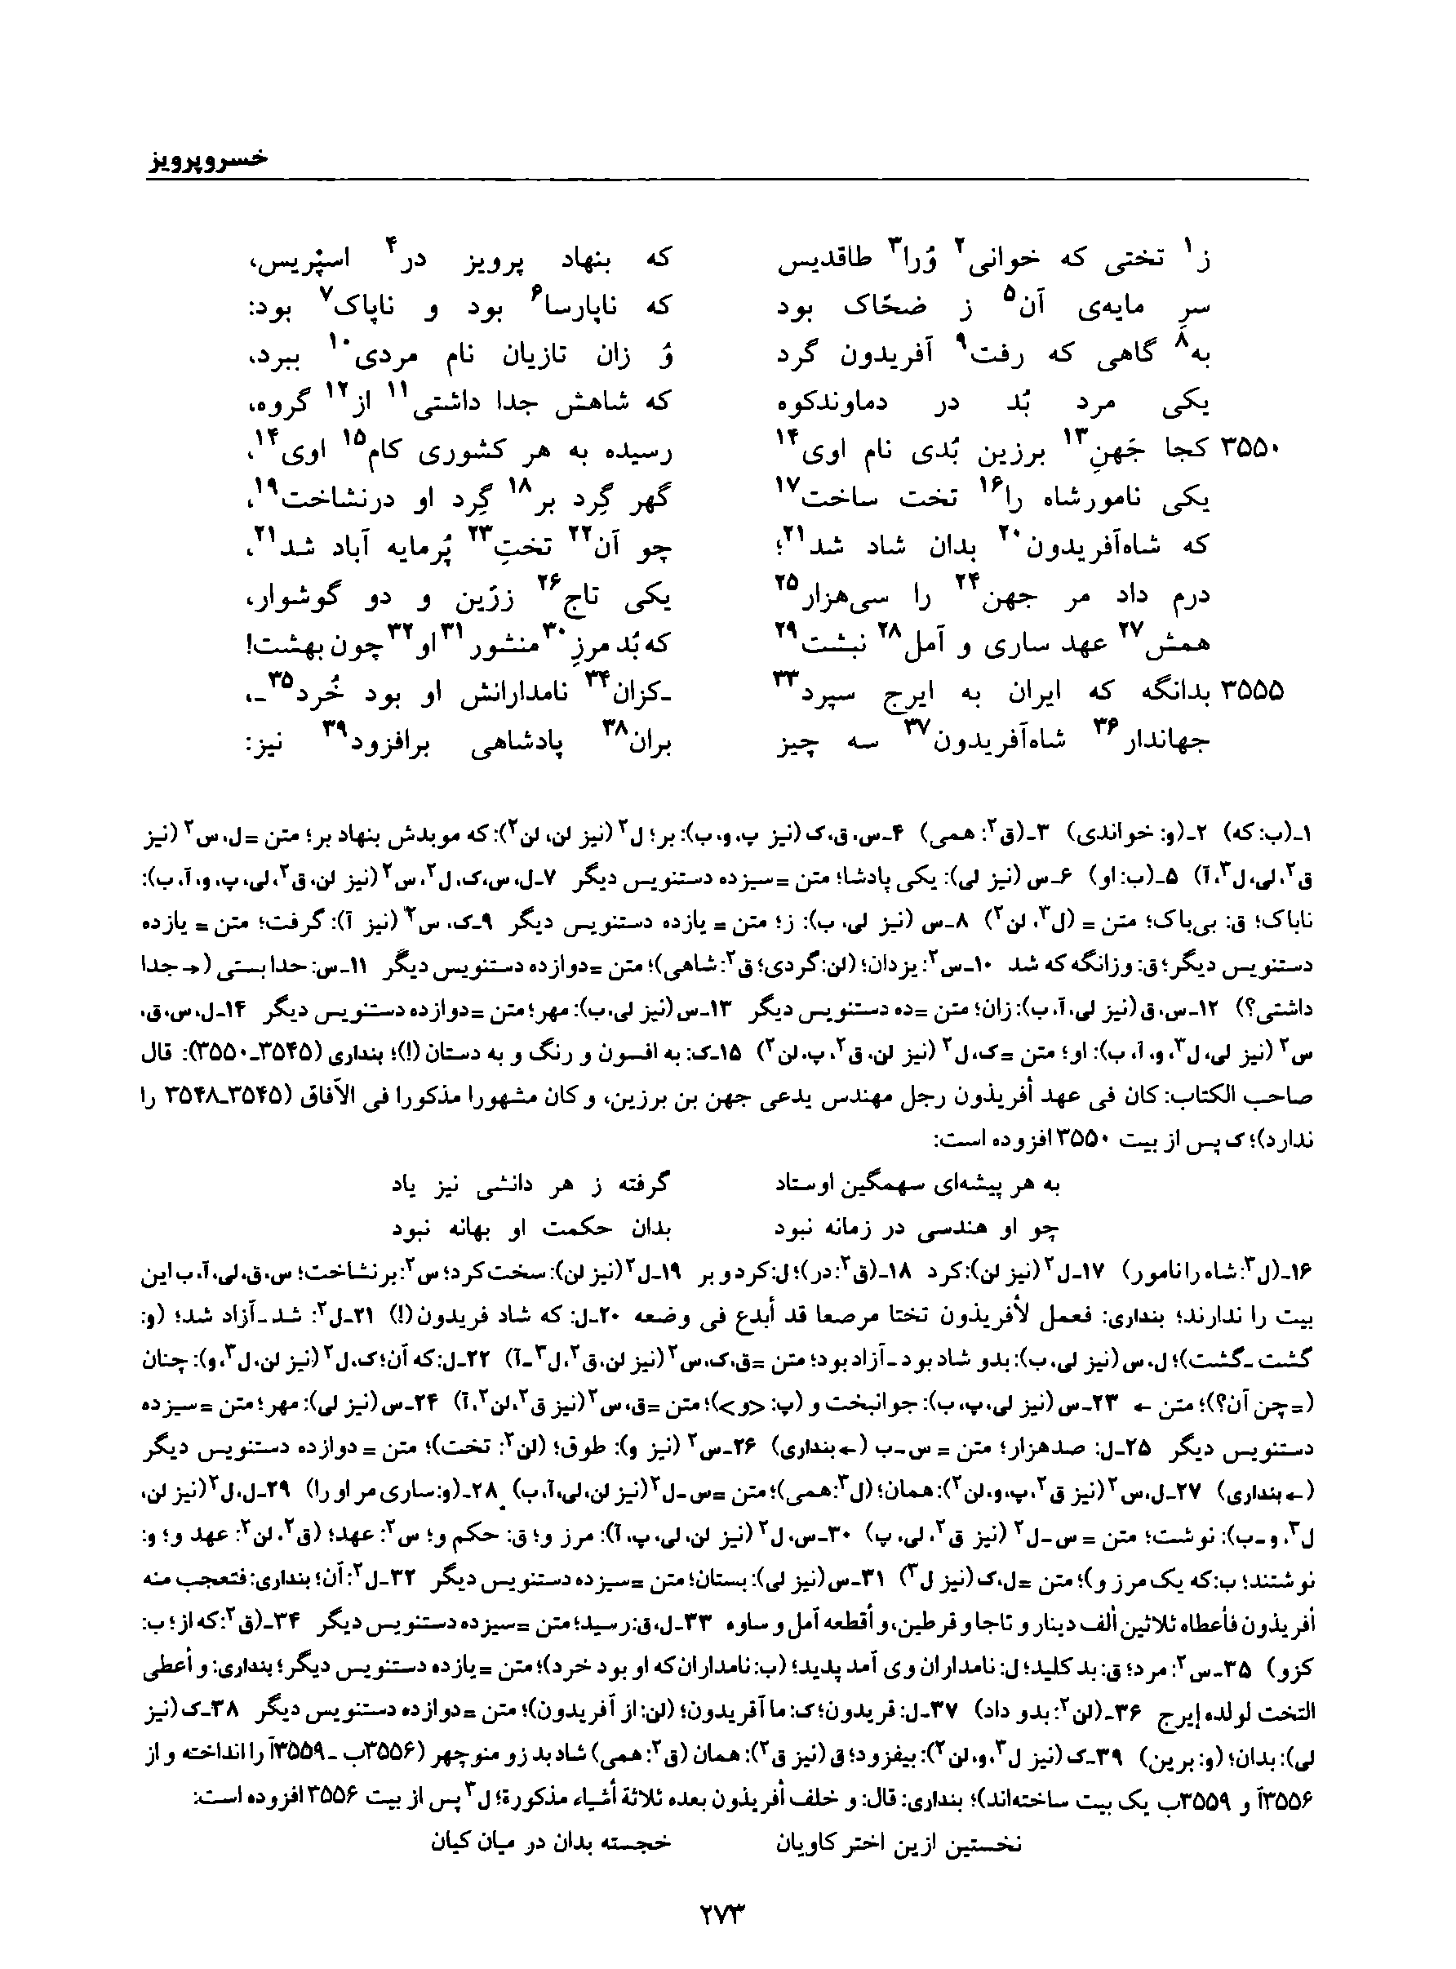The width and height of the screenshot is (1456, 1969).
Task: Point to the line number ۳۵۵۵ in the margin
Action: point(1253,692)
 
